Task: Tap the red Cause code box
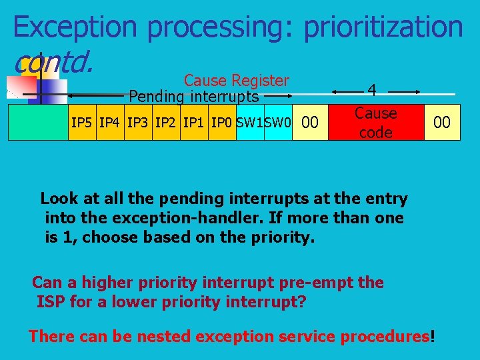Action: click(x=375, y=123)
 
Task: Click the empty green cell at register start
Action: click(x=38, y=123)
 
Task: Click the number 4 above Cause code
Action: click(x=372, y=90)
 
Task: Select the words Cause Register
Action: click(x=236, y=81)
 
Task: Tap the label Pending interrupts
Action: click(x=193, y=97)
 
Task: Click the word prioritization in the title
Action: click(x=383, y=27)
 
